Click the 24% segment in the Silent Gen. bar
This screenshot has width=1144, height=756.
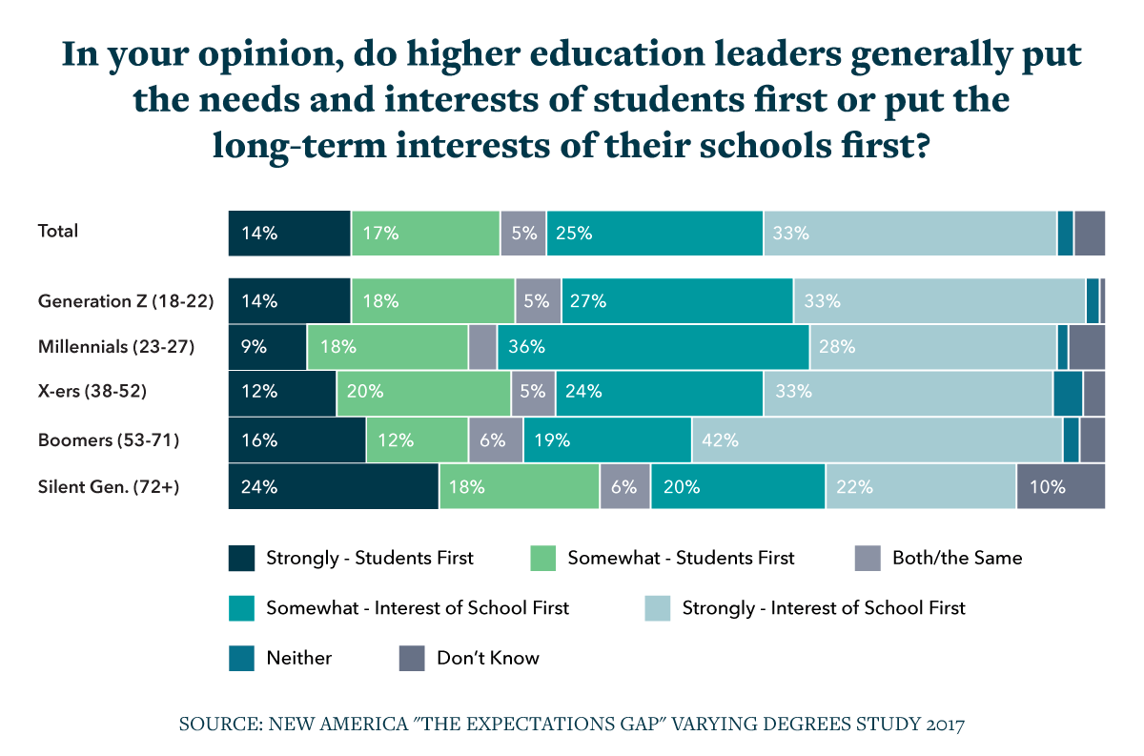point(333,486)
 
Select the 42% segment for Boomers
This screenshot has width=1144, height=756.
point(877,440)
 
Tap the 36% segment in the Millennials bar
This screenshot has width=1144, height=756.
point(679,347)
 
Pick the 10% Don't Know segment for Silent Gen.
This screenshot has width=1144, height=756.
point(1060,486)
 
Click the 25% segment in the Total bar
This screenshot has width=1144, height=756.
point(654,234)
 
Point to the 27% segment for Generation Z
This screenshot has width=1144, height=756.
point(677,301)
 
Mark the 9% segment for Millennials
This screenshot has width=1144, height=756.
point(267,347)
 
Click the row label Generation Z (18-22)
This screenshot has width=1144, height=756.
point(126,301)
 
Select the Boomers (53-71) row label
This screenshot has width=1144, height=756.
point(109,440)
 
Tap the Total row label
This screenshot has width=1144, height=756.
point(57,231)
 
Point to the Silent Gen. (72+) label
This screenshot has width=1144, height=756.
point(109,487)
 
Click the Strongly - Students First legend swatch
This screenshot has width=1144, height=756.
point(242,558)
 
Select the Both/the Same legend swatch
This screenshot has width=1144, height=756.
point(868,558)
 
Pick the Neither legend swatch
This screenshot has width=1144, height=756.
point(242,658)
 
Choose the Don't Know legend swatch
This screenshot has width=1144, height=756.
point(412,658)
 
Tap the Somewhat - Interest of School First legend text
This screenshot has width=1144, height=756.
point(418,608)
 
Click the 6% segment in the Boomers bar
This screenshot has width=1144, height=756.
point(495,440)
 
